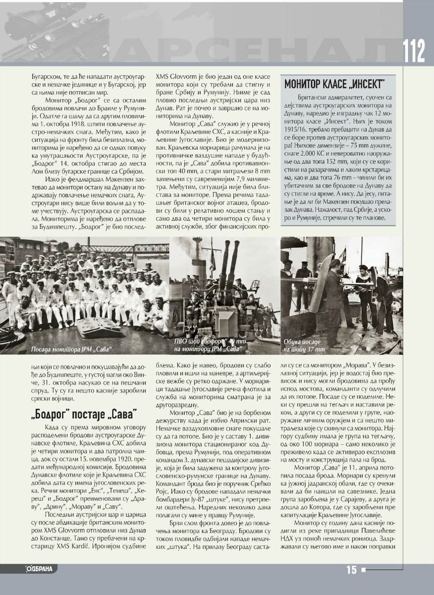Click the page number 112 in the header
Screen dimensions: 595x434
414,50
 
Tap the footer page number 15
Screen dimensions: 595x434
352,570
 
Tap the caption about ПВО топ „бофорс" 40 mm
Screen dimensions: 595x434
208,345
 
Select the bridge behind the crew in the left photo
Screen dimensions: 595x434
119,248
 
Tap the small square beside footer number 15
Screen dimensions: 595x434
363,570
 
